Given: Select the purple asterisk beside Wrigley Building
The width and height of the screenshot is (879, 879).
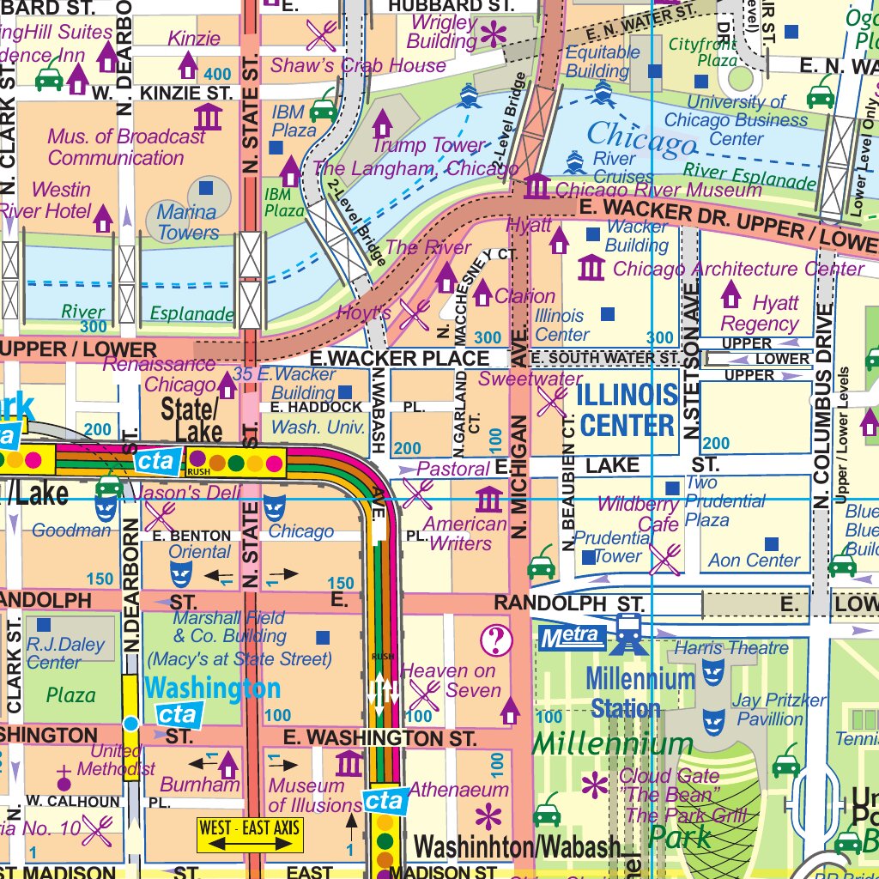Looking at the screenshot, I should [x=494, y=35].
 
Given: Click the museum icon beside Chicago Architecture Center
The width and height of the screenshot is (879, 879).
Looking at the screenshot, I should [x=591, y=269].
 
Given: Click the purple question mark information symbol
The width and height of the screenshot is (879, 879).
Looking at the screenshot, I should [x=496, y=640].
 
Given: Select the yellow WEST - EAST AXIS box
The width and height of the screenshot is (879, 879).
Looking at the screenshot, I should [x=250, y=836].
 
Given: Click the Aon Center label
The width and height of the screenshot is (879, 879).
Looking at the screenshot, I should [x=754, y=561].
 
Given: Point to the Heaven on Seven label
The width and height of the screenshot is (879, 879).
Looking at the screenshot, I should [x=449, y=681].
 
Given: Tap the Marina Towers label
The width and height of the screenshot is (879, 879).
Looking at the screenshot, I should [x=187, y=221].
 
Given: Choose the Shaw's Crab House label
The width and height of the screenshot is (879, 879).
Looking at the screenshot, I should [x=358, y=65].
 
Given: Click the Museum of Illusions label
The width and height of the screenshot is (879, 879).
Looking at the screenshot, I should [x=313, y=796].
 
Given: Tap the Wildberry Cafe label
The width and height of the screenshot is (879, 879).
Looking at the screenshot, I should [x=638, y=513].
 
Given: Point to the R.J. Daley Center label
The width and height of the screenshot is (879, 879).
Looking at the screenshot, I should [x=65, y=652].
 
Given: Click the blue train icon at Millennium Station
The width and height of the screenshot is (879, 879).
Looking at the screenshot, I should [x=629, y=635].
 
